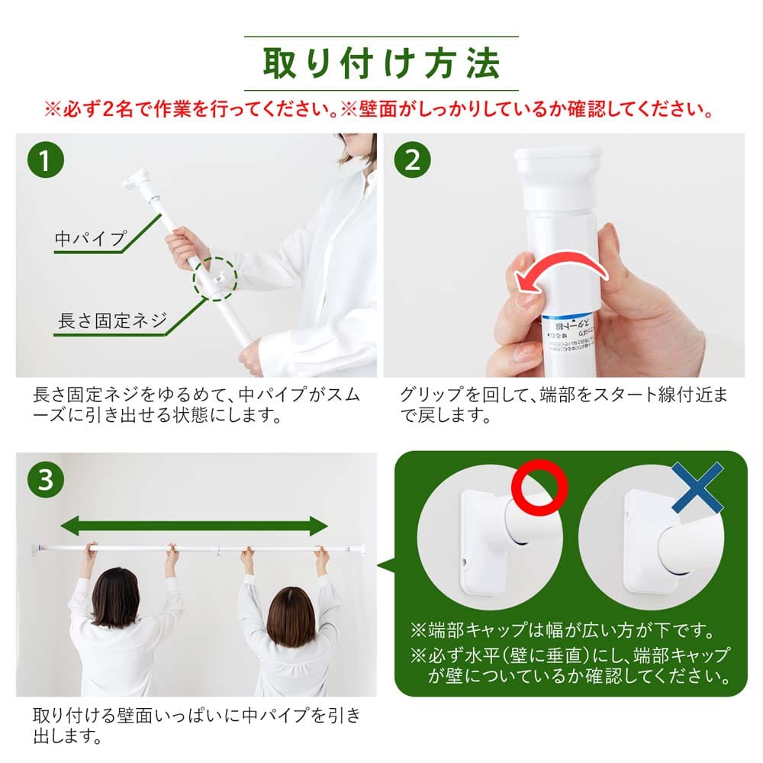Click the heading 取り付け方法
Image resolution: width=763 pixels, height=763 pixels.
(x=381, y=64)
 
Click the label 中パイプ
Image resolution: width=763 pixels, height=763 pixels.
(x=90, y=239)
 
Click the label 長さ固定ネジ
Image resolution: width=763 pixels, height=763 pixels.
(x=111, y=320)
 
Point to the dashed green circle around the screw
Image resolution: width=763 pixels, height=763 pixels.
(x=214, y=278)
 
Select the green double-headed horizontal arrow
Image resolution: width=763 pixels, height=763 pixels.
(x=194, y=525)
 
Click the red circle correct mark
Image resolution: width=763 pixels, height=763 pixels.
(x=539, y=489)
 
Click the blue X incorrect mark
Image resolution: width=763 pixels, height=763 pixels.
(x=697, y=488)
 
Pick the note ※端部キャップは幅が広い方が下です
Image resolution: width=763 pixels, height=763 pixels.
(x=562, y=631)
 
